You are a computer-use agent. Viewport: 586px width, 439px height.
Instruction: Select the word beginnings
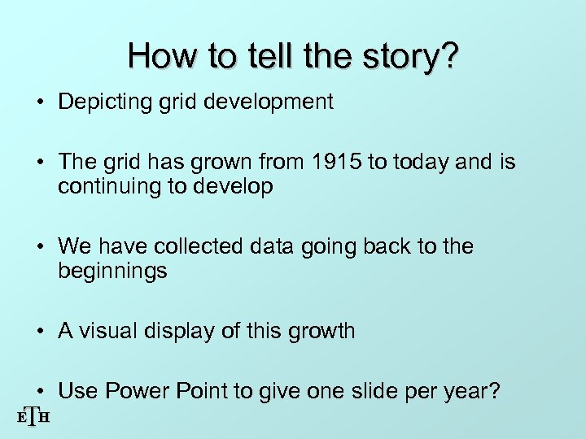tap(112, 271)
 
